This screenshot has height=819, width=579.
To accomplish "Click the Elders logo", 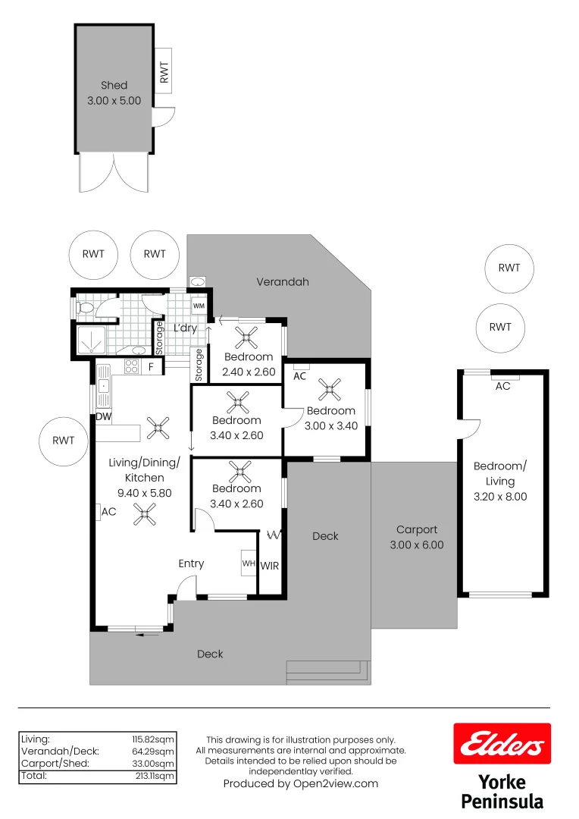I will (x=502, y=743).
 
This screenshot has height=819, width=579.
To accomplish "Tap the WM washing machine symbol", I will (x=199, y=306).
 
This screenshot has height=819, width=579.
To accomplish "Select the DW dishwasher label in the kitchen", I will (x=103, y=417).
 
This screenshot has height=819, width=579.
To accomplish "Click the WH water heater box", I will (x=249, y=563).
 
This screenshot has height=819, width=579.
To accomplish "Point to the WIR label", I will (x=270, y=566).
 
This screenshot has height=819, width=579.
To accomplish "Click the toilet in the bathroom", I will (x=86, y=308).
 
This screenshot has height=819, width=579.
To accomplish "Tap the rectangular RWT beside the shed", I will (x=164, y=71).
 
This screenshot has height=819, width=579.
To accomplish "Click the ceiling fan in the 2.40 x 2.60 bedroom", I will (x=247, y=336).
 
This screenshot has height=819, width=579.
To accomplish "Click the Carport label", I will (x=417, y=530).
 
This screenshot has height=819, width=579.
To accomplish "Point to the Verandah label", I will (x=283, y=281).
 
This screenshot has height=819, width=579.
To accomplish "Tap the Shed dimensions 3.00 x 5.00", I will (x=114, y=100).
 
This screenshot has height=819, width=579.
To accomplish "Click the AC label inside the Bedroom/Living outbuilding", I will (x=502, y=386).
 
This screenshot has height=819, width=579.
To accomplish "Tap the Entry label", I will (x=191, y=563).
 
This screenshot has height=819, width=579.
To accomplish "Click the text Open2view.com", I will (x=335, y=784).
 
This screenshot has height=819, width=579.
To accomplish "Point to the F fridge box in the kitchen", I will (x=151, y=367).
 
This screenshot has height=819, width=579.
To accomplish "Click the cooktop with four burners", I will (x=130, y=367).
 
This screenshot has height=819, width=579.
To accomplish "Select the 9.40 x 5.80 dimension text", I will (x=144, y=492).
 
